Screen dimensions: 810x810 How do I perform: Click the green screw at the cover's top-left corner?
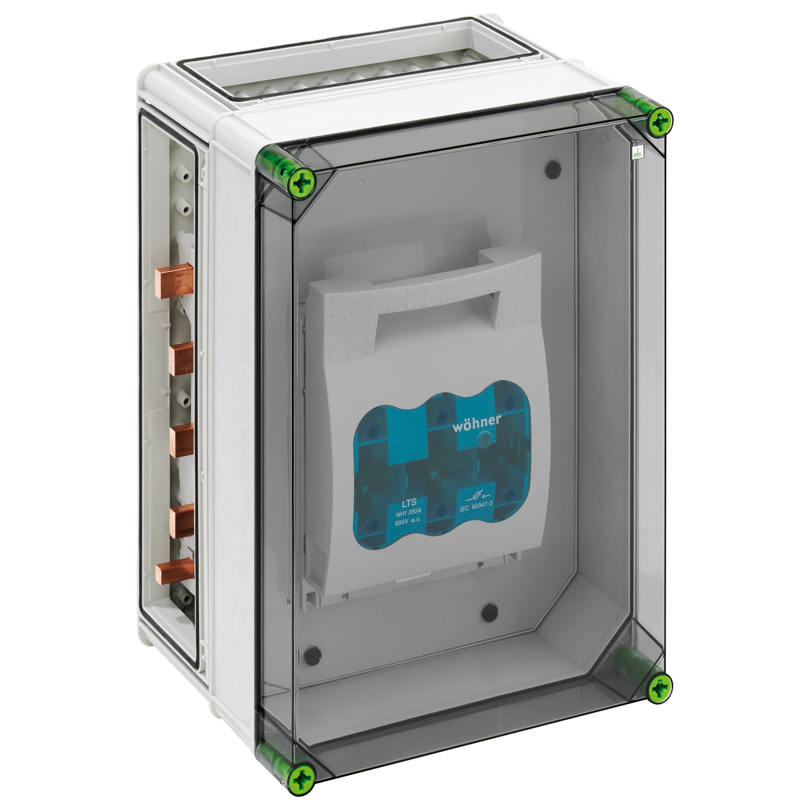[303, 185]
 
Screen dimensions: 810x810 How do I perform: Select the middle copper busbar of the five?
[181, 440]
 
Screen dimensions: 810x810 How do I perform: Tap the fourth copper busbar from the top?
[181, 521]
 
